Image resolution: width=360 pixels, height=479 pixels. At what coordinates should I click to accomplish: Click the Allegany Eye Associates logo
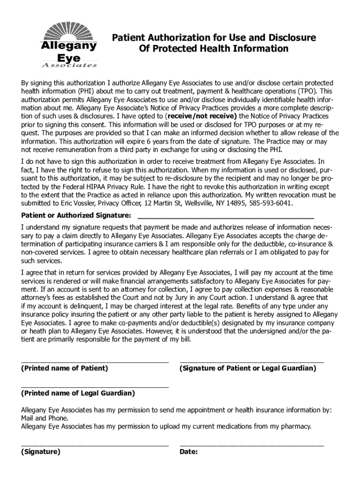coord(69,46)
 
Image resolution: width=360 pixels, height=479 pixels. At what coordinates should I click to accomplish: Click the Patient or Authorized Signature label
coord(76,215)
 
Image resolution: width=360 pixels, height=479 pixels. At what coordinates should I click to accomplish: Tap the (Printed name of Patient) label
coord(65,368)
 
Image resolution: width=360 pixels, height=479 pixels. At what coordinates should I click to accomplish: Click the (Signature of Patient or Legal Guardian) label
coord(248,368)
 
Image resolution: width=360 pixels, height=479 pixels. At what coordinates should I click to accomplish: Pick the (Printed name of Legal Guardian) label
coord(78,393)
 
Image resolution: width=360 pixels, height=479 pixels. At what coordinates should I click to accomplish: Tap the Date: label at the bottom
coord(189,452)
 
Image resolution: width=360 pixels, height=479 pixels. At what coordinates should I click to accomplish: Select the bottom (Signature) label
coord(41,452)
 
